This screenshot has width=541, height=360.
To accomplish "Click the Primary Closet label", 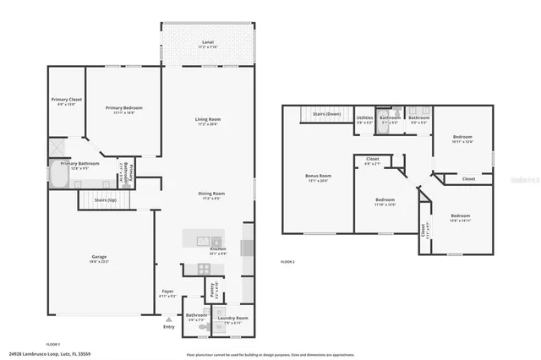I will pyautogui.click(x=65, y=100).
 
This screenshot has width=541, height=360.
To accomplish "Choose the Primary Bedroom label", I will pyautogui.click(x=124, y=107).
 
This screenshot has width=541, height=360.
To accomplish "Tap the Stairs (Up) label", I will pyautogui.click(x=106, y=200).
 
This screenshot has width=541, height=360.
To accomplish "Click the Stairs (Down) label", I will pyautogui.click(x=326, y=113).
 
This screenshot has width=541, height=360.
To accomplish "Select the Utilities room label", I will pyautogui.click(x=364, y=117).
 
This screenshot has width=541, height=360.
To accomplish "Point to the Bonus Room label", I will pyautogui.click(x=318, y=176).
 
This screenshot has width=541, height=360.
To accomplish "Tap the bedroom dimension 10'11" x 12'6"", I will pyautogui.click(x=462, y=141).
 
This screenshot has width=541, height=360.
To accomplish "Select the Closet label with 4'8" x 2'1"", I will pyautogui.click(x=372, y=162).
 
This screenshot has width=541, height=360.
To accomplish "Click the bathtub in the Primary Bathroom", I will pyautogui.click(x=57, y=175).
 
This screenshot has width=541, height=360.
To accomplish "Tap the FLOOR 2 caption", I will pyautogui.click(x=287, y=262).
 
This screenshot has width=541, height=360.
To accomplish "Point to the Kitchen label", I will pyautogui.click(x=217, y=249).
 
